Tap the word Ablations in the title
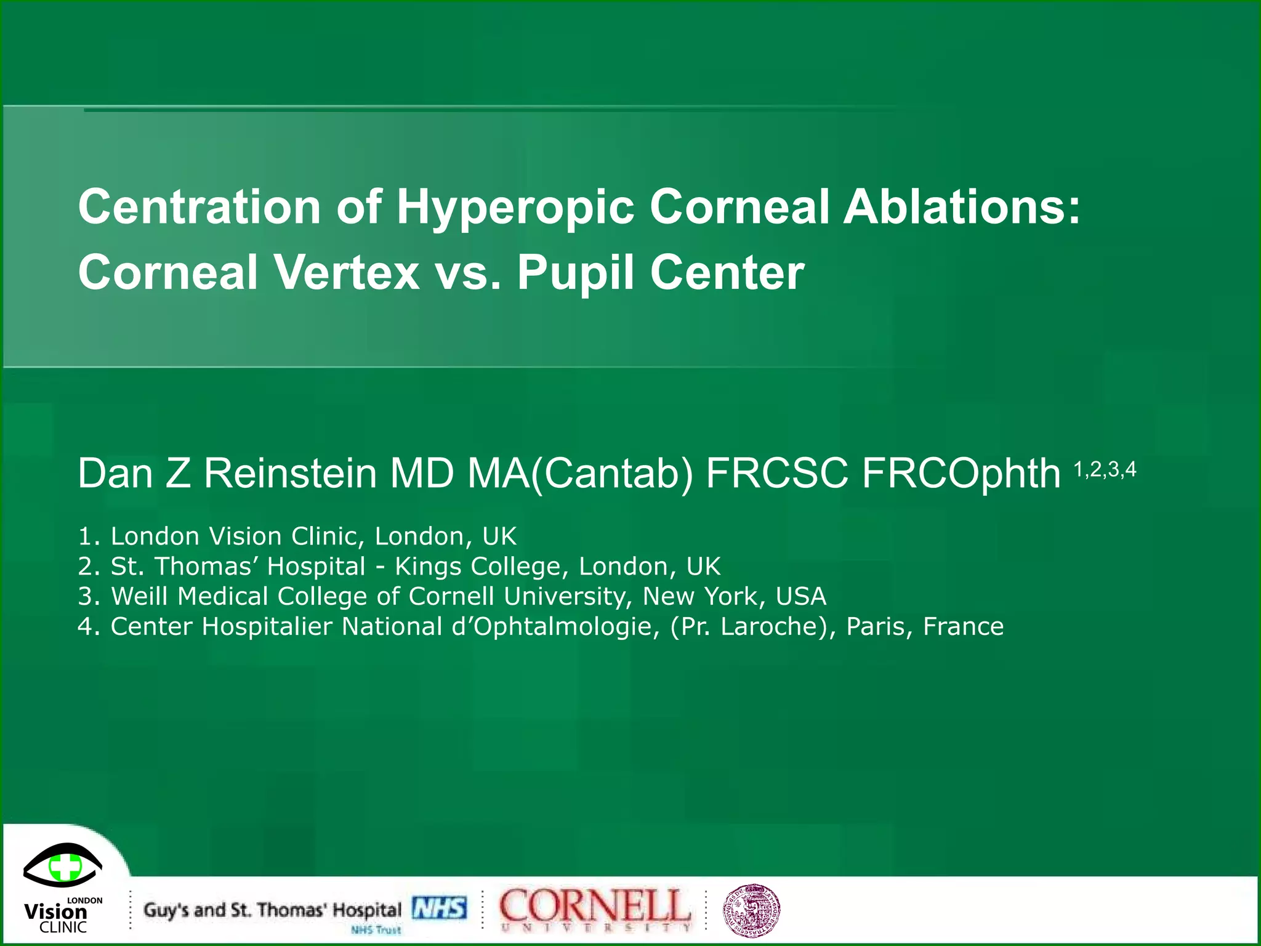961,207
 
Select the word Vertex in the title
347,272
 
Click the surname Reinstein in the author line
290,474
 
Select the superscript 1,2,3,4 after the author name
1105,470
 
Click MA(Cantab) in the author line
581,474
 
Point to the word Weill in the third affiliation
139,596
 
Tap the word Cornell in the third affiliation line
451,596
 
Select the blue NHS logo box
439,908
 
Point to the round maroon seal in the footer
751,911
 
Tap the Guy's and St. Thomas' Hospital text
272,910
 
